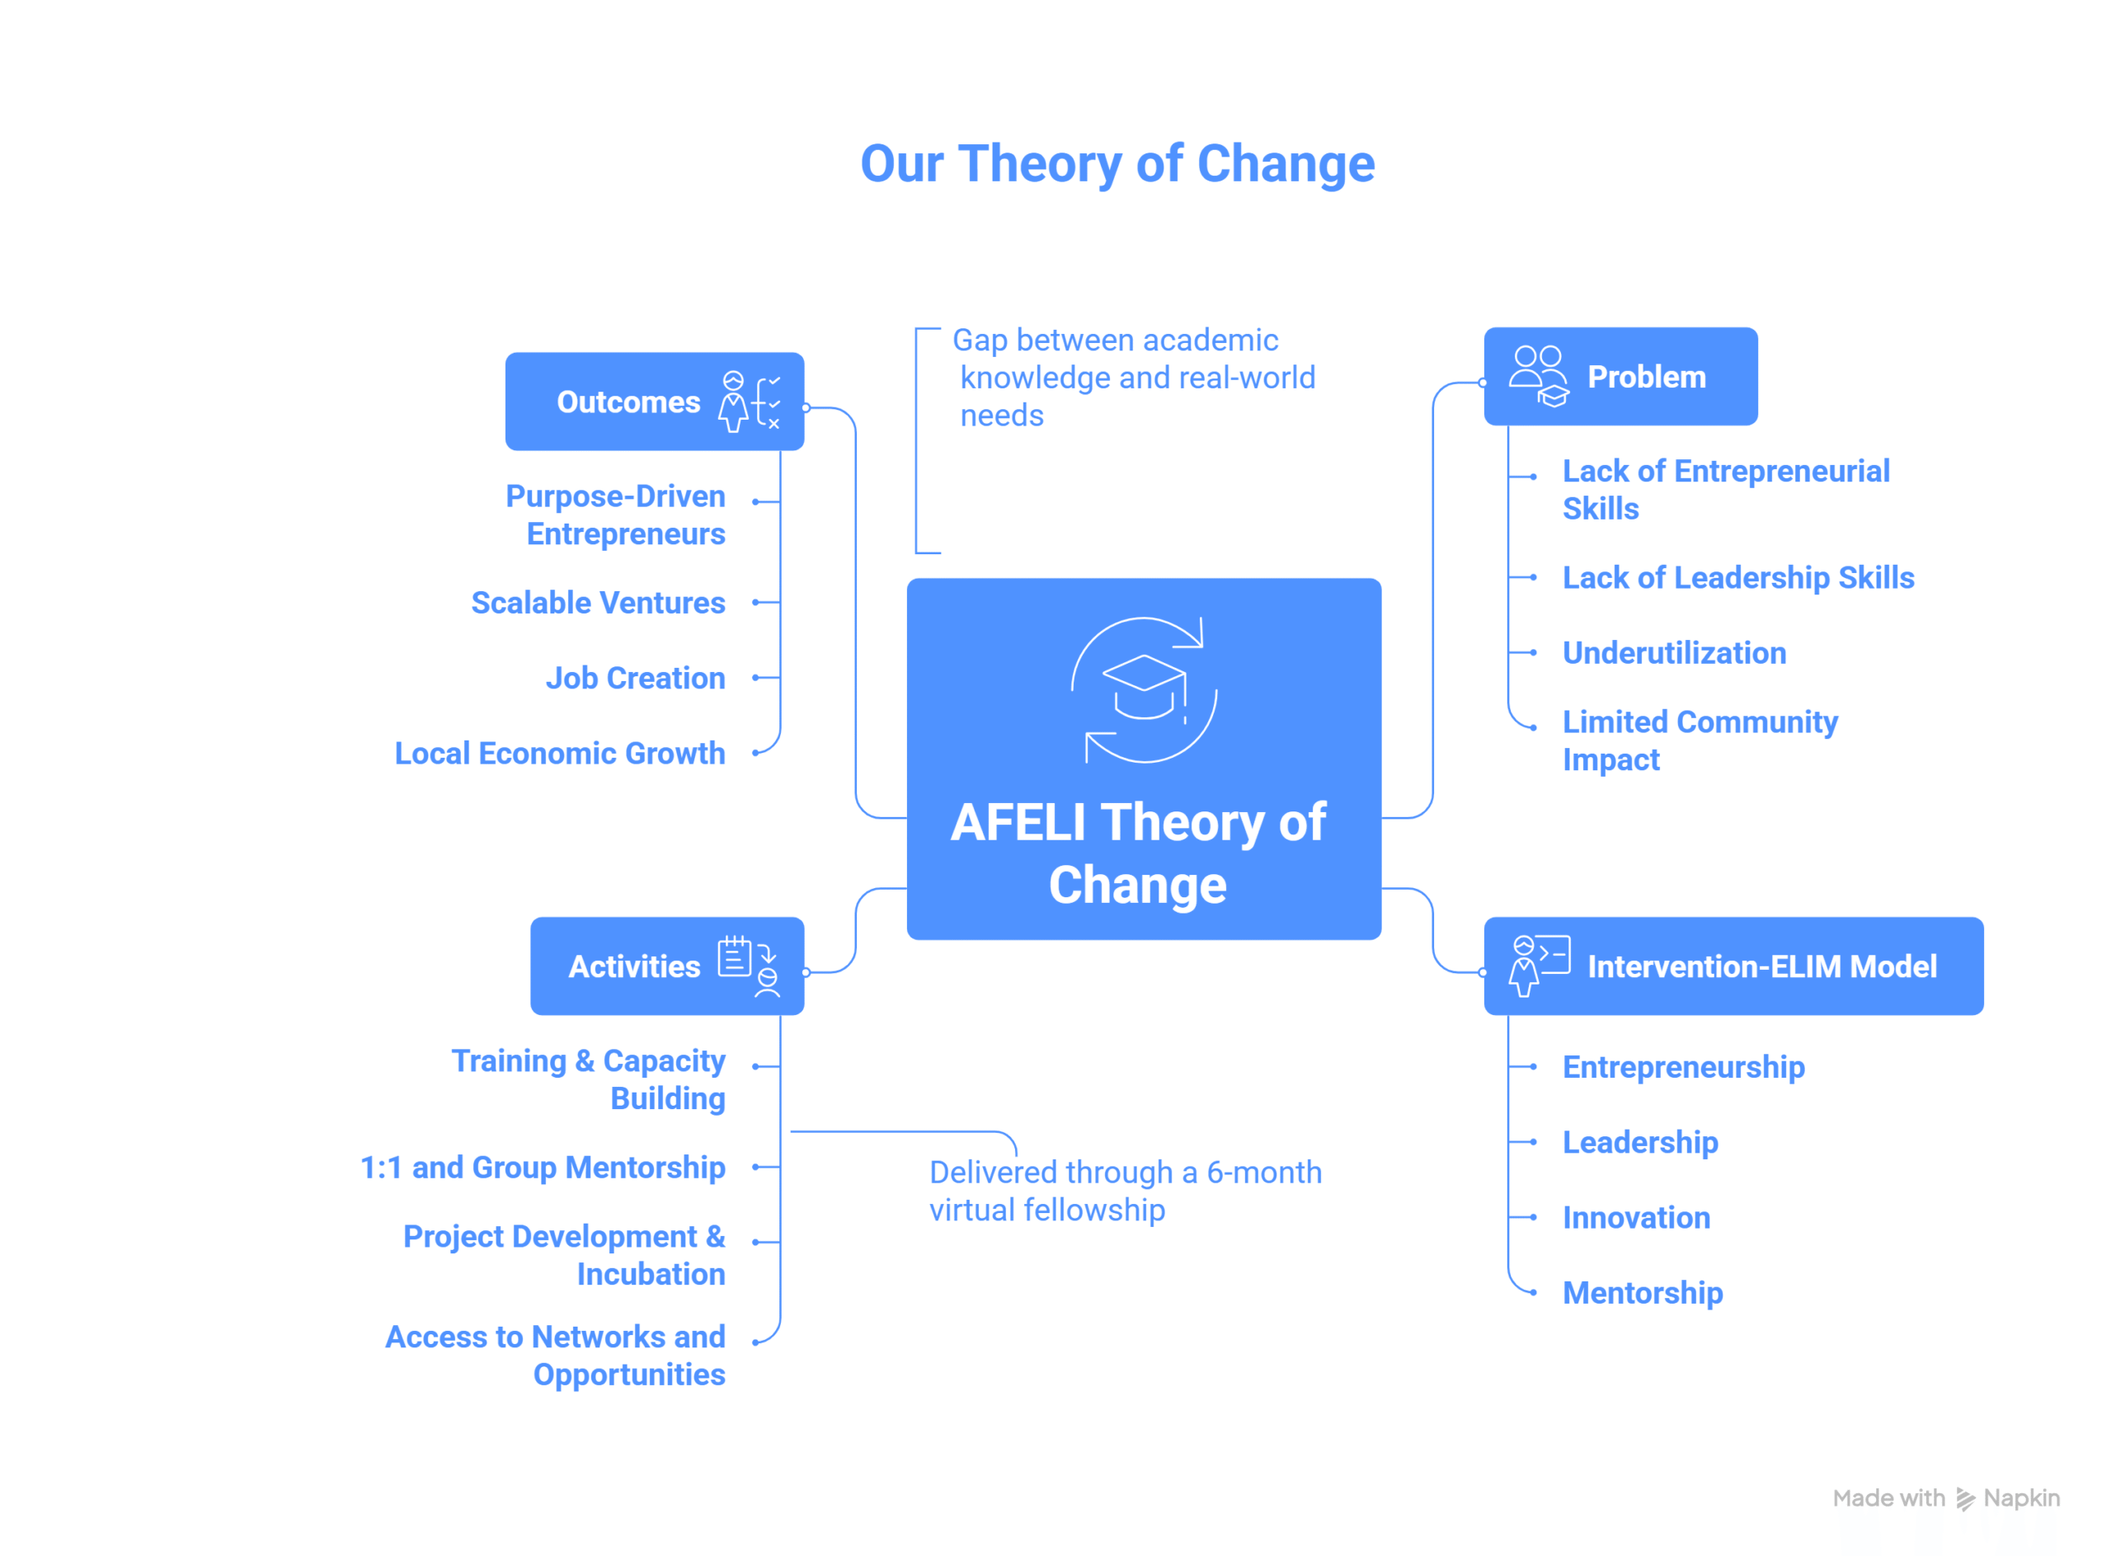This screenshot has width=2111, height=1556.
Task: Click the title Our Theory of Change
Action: (1117, 164)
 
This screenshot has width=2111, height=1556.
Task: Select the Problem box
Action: (1620, 377)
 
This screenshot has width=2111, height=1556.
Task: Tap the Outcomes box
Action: (654, 402)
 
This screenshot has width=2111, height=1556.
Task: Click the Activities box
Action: (666, 966)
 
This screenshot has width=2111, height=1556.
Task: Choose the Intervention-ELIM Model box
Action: (1733, 966)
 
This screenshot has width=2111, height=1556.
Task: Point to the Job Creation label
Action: (635, 678)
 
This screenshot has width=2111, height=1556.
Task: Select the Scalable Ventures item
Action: (597, 603)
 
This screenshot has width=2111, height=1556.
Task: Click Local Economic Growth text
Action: (560, 754)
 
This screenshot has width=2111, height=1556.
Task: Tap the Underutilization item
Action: (1674, 653)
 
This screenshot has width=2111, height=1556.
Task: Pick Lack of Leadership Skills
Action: (1738, 577)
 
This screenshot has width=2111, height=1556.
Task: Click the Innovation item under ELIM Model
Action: (1636, 1218)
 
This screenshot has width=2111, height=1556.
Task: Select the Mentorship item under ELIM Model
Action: (1643, 1293)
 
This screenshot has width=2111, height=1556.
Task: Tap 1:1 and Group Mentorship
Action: (543, 1168)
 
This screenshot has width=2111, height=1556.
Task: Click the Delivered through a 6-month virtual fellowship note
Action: (1125, 1191)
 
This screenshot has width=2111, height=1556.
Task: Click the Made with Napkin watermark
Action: (1946, 1497)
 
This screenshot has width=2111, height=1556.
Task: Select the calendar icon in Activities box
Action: (735, 957)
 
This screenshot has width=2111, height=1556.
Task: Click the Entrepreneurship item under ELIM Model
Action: (1683, 1067)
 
